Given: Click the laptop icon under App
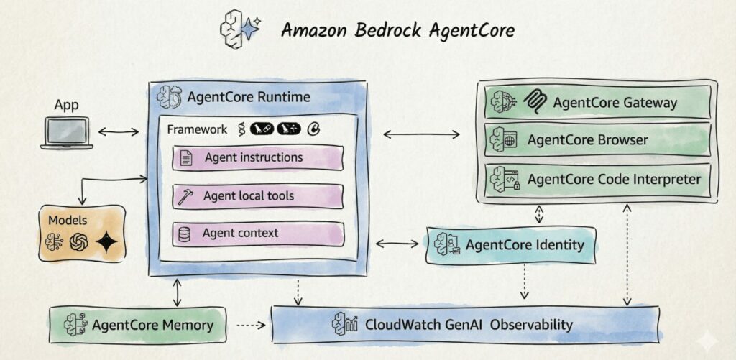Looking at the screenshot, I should [66, 133].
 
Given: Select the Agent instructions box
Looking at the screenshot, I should [257, 158].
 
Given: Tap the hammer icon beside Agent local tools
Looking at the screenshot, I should [185, 196].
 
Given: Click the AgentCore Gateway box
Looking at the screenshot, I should [600, 103].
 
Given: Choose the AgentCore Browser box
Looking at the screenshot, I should [600, 140].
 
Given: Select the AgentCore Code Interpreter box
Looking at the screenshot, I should [600, 179].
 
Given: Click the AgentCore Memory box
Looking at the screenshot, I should [137, 325].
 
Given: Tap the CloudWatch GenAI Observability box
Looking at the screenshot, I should [464, 325].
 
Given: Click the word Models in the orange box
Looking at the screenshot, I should [68, 220].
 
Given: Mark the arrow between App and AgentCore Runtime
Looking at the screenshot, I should [119, 131].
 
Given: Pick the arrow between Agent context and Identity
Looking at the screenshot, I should [397, 244].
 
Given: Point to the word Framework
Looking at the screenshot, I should [196, 130].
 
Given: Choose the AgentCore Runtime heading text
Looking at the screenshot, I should [249, 97].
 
